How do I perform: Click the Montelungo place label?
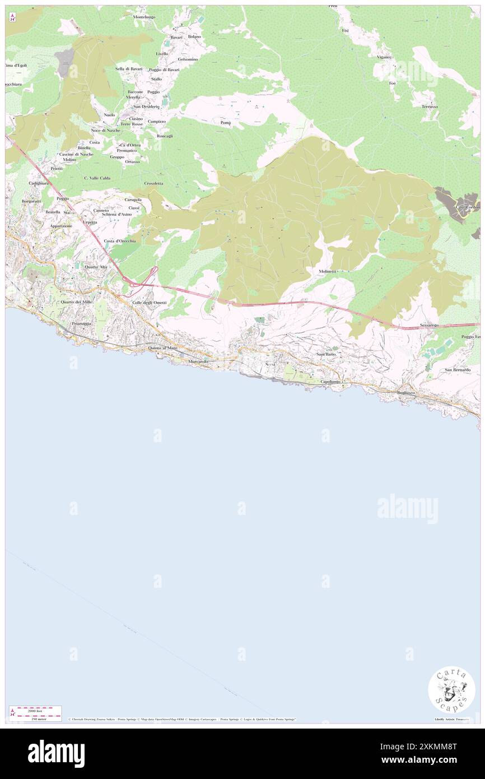pos(144,17)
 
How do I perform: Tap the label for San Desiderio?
pos(146,106)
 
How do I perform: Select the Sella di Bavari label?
pos(129,68)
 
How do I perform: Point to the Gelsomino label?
pos(188,59)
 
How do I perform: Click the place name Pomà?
pos(226,122)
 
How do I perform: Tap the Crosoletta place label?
pos(153,183)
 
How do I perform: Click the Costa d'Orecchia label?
pos(120,240)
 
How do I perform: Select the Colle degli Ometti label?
pos(149,303)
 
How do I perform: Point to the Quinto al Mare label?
pos(162,348)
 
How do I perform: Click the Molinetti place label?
pos(328,271)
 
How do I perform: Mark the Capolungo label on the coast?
pos(330,382)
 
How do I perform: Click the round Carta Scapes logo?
pos(451,690)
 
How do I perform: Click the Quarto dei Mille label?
pos(77,302)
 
